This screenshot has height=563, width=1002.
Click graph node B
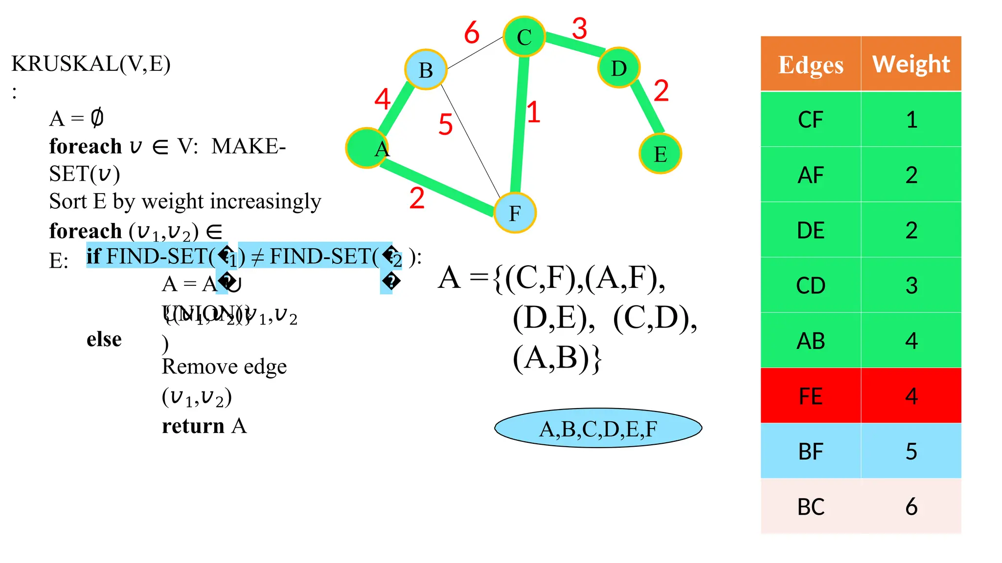(426, 70)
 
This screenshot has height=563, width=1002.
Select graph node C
(524, 37)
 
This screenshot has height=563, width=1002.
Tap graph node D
(619, 68)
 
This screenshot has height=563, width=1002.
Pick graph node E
(660, 154)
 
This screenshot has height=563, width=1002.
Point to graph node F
(515, 213)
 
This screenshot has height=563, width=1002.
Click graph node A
(367, 148)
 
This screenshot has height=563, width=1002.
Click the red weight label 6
(472, 33)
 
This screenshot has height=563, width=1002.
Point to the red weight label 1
(533, 112)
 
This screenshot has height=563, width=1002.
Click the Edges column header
(811, 64)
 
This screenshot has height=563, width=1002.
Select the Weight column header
(911, 64)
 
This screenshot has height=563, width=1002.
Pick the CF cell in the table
(811, 120)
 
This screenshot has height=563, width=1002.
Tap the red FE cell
(811, 396)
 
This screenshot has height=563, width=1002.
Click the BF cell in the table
(811, 451)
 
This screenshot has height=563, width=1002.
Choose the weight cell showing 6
(911, 506)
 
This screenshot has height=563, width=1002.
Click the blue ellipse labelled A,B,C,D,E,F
(598, 428)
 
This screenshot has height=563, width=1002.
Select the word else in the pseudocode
(104, 339)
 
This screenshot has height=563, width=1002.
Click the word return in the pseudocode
(193, 426)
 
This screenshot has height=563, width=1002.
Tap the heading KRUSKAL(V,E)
(91, 64)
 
